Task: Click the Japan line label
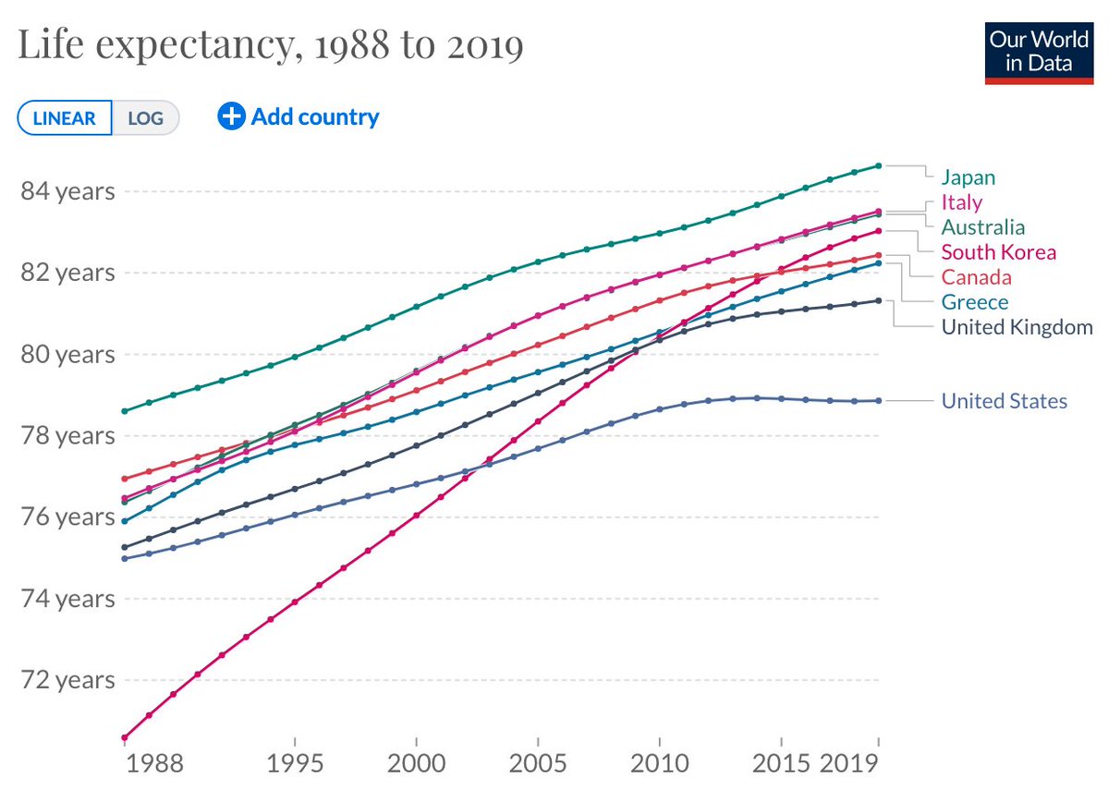[x=968, y=177]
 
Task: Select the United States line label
[x=1004, y=401]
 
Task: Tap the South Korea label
[x=998, y=252]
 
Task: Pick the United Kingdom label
[x=1017, y=327]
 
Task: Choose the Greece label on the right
[x=974, y=302]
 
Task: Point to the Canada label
[x=976, y=277]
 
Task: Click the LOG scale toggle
[x=145, y=118]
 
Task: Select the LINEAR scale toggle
[x=65, y=118]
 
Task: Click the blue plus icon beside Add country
[x=231, y=116]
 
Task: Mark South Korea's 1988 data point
[x=124, y=737]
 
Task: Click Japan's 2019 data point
[x=878, y=165]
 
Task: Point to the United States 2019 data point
[x=878, y=401]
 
